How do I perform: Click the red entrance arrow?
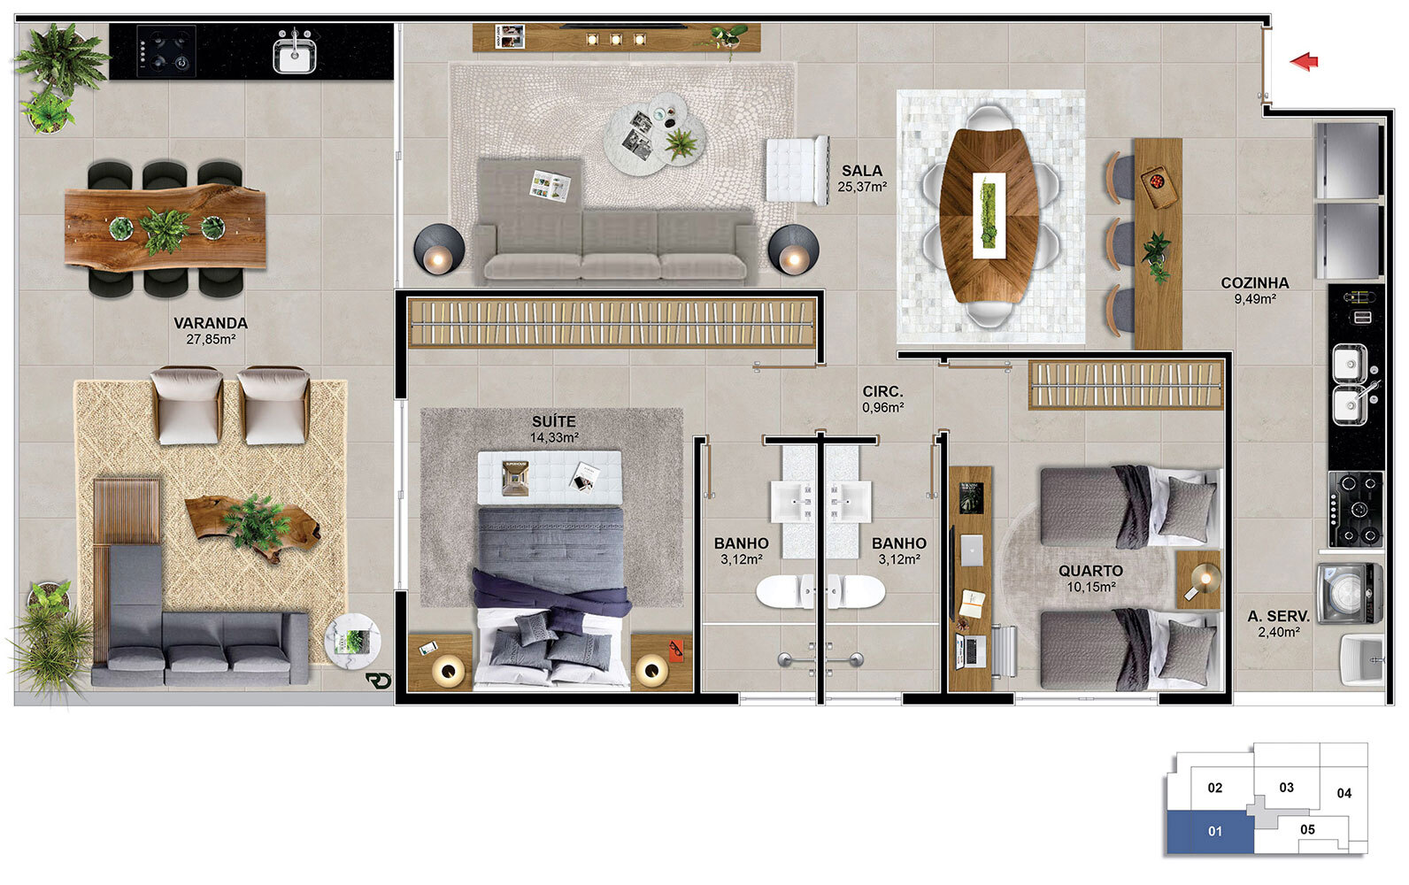click(1304, 62)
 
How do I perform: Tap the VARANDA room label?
click(211, 323)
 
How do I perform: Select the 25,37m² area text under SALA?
click(862, 187)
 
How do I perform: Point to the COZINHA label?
click(1255, 283)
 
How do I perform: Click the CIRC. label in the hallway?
click(882, 391)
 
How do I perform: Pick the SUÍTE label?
click(553, 420)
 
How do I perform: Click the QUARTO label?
click(1090, 571)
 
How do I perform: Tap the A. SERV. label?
click(1279, 617)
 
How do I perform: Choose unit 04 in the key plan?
click(1344, 793)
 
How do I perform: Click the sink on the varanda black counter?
click(295, 53)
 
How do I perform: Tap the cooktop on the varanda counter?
click(166, 50)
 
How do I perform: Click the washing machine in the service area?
click(1350, 593)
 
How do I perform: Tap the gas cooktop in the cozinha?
click(1356, 510)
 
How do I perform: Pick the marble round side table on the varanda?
click(353, 641)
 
